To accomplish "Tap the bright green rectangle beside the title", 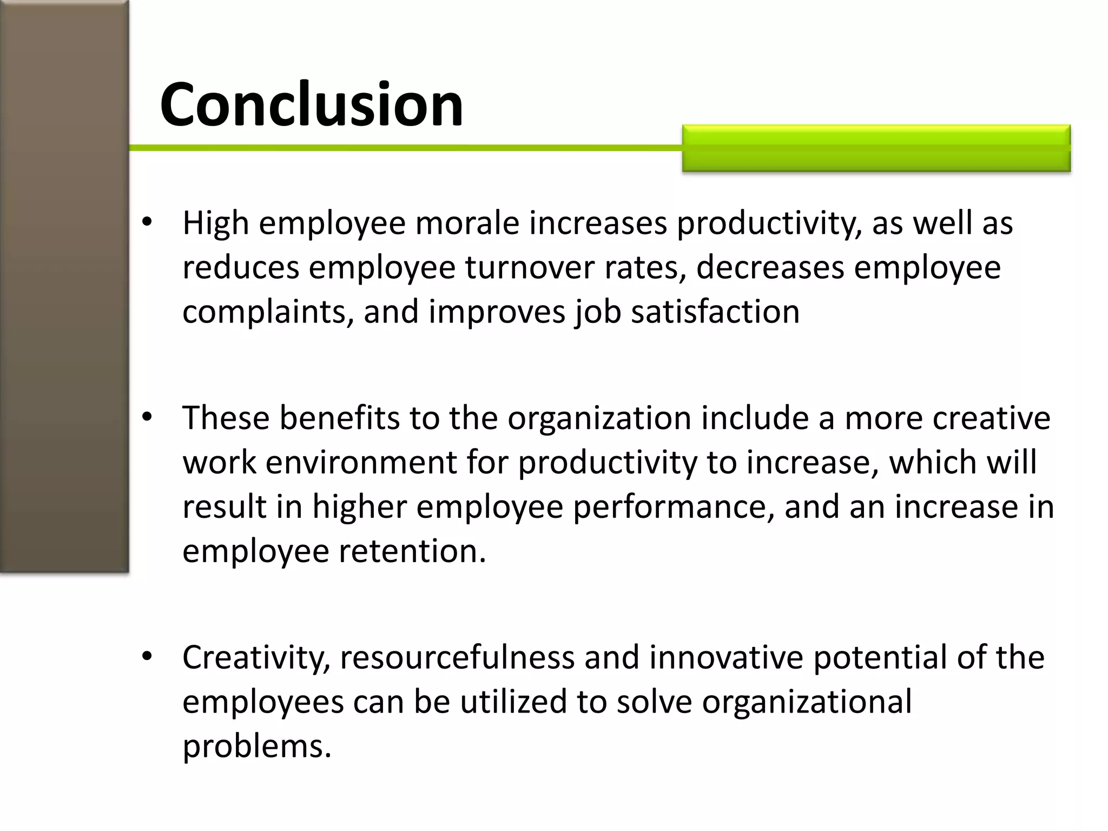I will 876,148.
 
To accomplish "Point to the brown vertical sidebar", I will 64,287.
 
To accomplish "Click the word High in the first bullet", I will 215,223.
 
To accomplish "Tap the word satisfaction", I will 715,312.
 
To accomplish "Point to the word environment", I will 361,463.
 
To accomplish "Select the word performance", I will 673,507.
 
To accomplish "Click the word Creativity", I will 256,657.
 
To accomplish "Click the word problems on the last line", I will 256,746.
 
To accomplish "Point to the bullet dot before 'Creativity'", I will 147,656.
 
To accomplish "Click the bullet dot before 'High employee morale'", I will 147,222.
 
